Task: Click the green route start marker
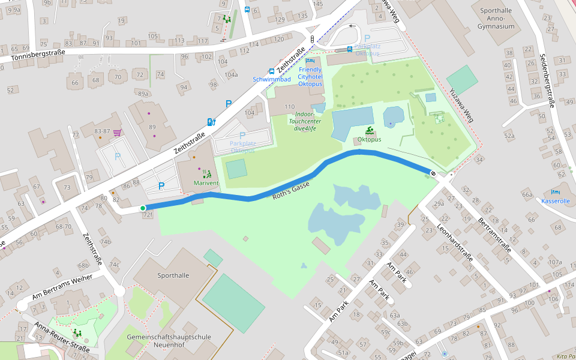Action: pos(143,208)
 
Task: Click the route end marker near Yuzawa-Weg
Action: pos(433,173)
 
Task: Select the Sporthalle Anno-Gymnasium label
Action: pos(496,18)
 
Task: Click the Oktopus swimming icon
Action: pos(370,131)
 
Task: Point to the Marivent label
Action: pos(206,182)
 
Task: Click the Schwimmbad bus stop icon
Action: pos(272,71)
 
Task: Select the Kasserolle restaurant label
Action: pos(555,201)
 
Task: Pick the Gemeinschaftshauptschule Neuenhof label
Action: pos(169,341)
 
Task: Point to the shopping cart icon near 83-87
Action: pos(117,133)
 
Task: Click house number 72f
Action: pos(148,215)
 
